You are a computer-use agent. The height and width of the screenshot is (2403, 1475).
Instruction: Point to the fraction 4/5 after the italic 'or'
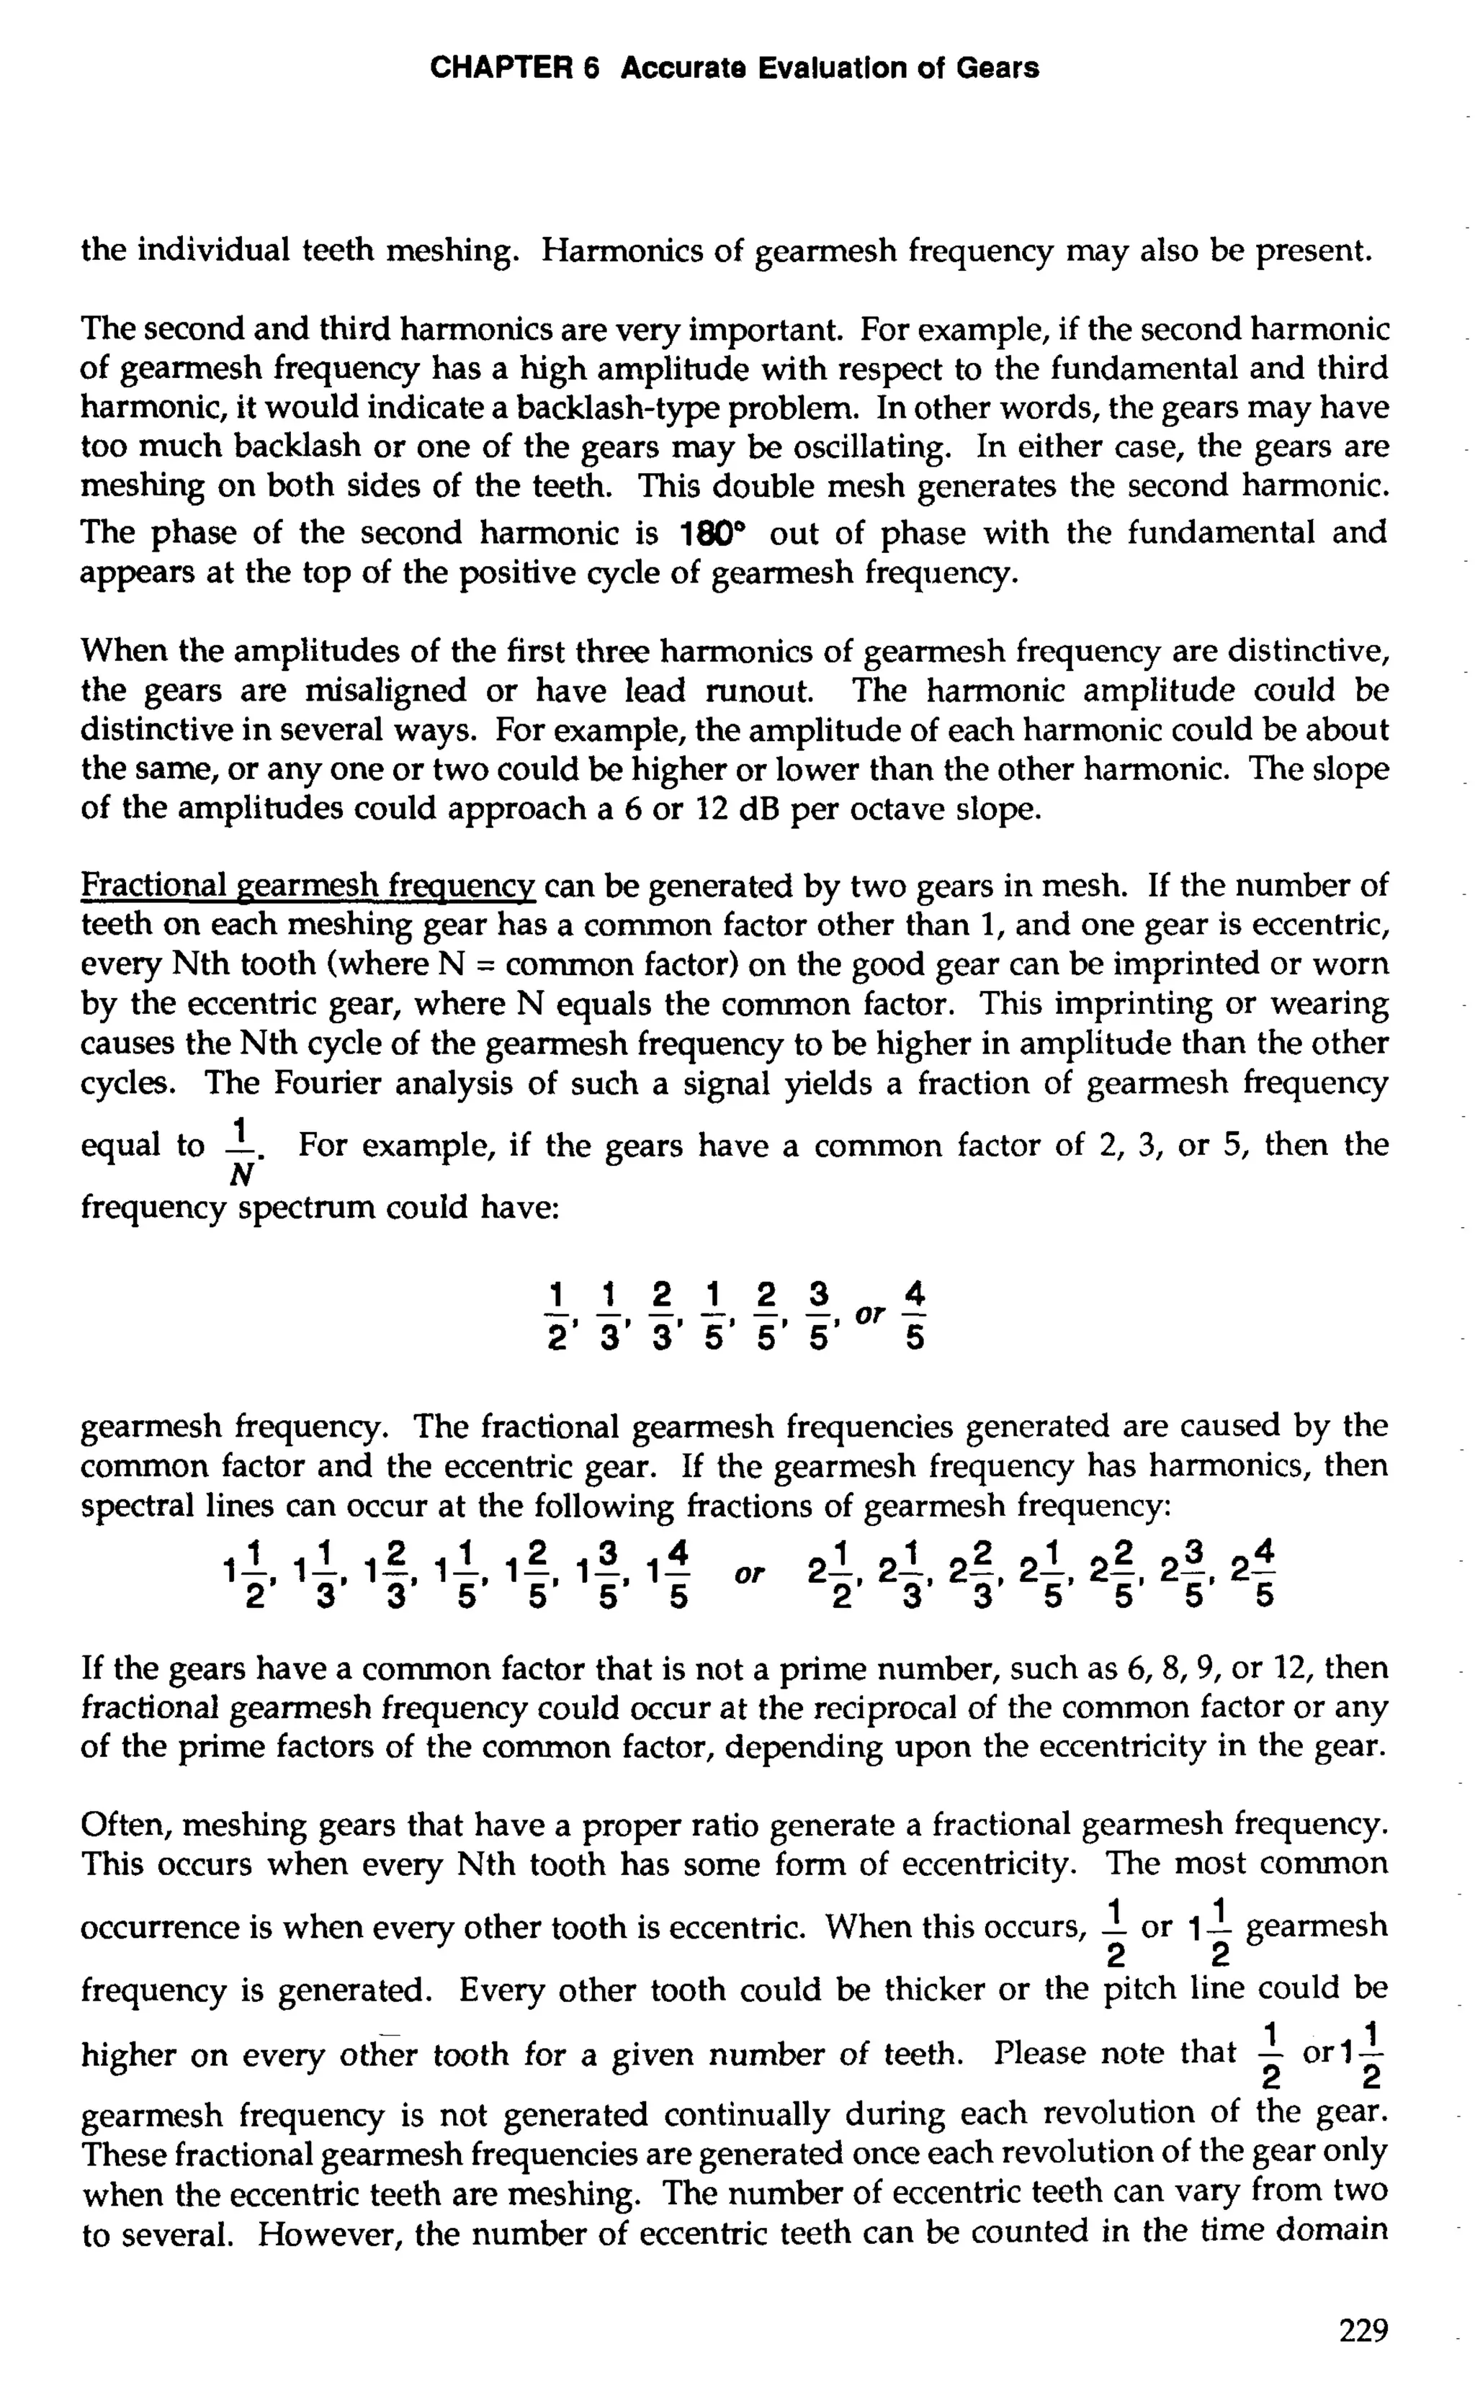point(914,1316)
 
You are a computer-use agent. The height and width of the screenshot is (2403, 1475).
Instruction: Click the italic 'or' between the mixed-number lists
point(750,1573)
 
